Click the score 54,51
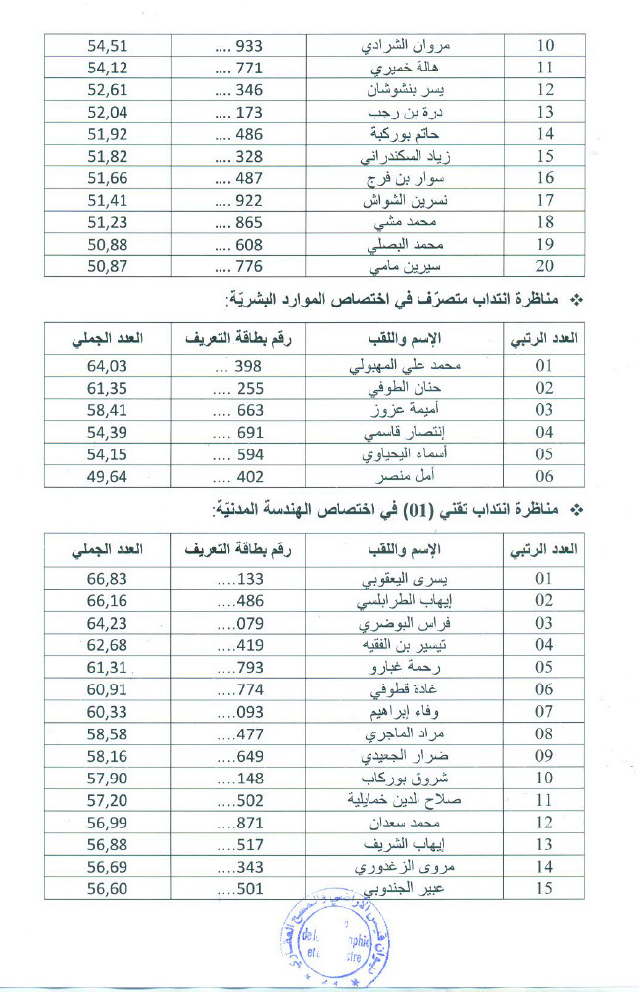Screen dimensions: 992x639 click(108, 45)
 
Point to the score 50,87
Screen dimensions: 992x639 click(108, 266)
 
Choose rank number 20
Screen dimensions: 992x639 click(544, 266)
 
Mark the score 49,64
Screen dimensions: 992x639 click(108, 477)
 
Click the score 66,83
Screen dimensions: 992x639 click(108, 578)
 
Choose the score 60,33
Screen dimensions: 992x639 click(108, 711)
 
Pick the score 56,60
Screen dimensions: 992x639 click(108, 888)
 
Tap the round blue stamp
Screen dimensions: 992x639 click(333, 944)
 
